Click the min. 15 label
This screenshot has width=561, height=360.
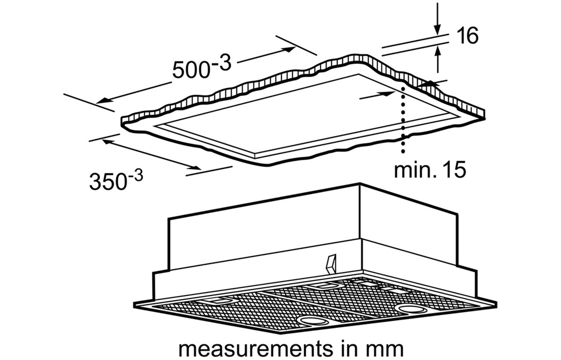point(430,169)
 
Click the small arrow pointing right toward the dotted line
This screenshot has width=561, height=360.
point(386,94)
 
